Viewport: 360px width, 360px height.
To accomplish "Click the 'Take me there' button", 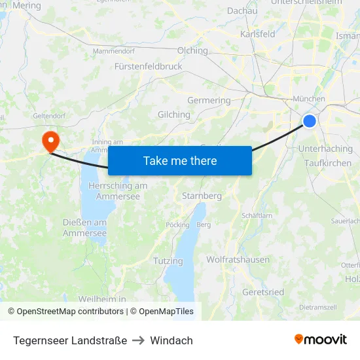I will (179, 160).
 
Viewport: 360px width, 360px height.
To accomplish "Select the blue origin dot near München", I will (310, 121).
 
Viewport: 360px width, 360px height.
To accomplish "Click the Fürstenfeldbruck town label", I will (148, 66).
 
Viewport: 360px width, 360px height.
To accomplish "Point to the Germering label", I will (209, 101).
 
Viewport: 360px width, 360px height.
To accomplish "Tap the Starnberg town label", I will (202, 196).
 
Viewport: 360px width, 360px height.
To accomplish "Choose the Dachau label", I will (242, 10).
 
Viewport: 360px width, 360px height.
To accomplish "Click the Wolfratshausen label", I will (238, 259).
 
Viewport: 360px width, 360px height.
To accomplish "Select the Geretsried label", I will (262, 292).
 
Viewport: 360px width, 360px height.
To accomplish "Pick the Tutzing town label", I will (168, 261).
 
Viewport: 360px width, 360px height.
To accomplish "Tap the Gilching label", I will (174, 115).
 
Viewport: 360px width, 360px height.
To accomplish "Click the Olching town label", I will (192, 50).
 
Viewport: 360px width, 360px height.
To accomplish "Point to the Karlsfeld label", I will (258, 34).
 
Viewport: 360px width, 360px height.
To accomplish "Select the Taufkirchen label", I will (328, 163).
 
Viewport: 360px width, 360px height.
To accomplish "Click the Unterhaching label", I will (325, 149).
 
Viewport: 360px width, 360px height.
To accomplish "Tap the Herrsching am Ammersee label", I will (118, 190).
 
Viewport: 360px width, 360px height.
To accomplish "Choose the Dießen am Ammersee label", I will (84, 228).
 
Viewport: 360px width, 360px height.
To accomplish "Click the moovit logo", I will (321, 340).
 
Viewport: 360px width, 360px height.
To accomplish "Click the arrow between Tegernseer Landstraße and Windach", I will (138, 340).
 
